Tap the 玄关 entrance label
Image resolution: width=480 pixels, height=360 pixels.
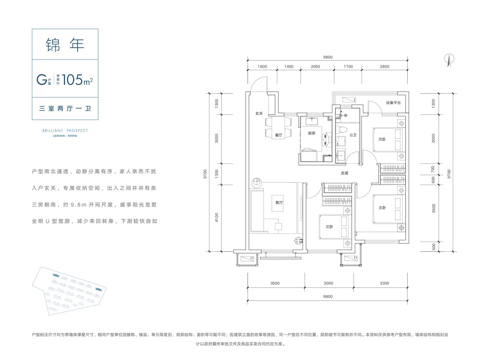coord(259,113)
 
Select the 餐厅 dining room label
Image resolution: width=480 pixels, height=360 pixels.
coord(279,135)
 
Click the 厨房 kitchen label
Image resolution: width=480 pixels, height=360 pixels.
coord(311,133)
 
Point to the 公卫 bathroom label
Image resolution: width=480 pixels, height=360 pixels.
coord(353,135)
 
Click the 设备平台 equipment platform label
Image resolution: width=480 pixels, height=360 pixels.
coord(393,103)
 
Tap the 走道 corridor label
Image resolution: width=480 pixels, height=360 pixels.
coord(344,173)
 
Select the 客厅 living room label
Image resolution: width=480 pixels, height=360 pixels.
coord(279,203)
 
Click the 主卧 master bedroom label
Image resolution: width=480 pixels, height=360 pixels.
coord(382,208)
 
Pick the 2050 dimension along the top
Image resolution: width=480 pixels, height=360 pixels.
coord(315,66)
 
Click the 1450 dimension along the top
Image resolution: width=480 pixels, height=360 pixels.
coord(289,66)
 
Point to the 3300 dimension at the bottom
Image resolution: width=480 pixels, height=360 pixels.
coord(384,283)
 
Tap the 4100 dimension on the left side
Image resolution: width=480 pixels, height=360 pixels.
coord(216,217)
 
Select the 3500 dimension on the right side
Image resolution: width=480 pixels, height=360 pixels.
coord(434,208)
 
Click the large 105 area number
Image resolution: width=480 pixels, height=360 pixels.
coord(72,80)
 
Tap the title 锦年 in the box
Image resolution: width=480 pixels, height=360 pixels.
coord(65,45)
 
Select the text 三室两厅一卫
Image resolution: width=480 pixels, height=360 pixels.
coord(65,108)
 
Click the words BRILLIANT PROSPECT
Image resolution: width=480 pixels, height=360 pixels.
coord(65,131)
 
